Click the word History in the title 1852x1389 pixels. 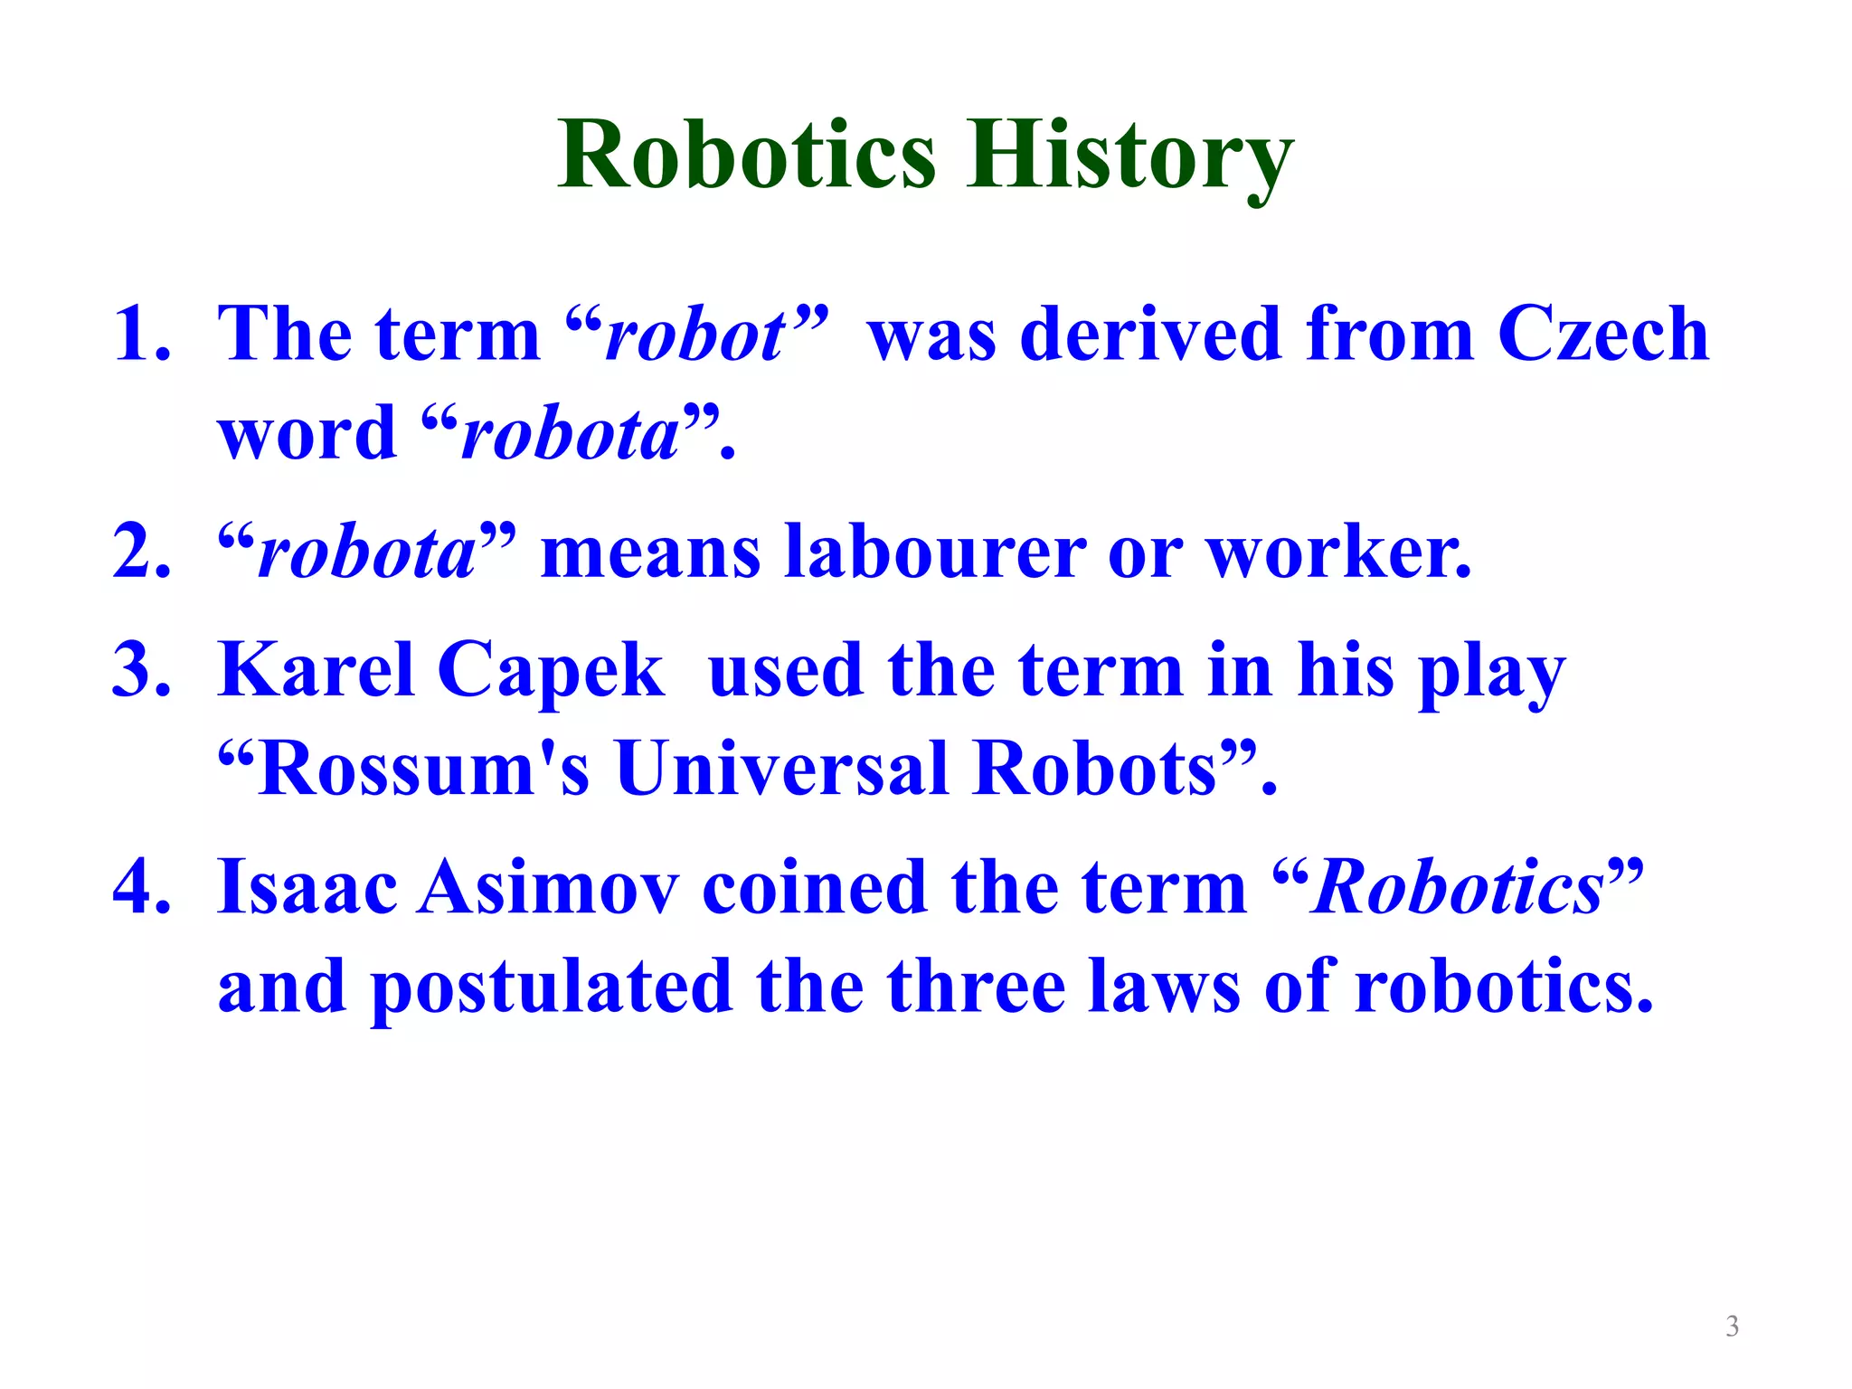1129,156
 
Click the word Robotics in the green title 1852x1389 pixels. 747,156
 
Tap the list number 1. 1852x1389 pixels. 140,335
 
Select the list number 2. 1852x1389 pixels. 140,552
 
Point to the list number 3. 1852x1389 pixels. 140,670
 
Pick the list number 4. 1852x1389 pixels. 140,887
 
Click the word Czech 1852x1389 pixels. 1602,335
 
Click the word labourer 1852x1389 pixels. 935,552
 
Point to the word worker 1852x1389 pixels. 1338,552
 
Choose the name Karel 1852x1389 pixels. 317,670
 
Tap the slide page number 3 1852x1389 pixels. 1732,1327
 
